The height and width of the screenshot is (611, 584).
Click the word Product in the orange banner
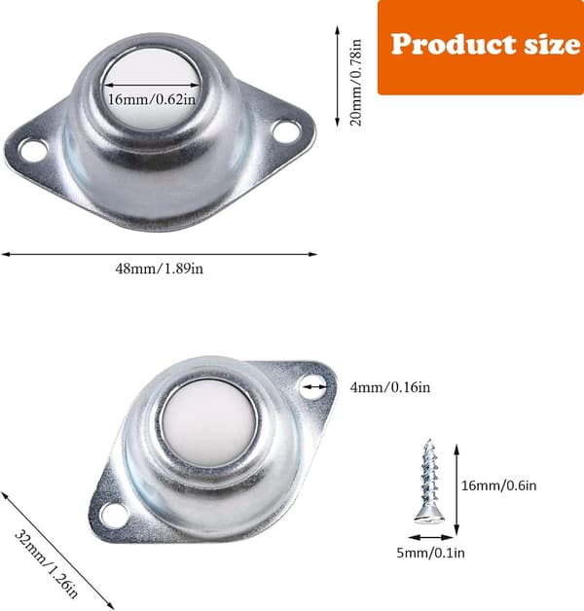pos(455,44)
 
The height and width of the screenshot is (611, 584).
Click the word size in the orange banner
pos(553,44)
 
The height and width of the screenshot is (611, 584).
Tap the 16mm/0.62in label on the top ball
pos(152,100)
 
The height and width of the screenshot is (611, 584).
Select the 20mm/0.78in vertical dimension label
pos(356,83)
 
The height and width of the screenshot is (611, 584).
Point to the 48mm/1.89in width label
pos(159,269)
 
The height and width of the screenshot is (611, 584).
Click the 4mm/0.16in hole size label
pos(390,387)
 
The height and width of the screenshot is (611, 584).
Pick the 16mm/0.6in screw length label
pos(499,485)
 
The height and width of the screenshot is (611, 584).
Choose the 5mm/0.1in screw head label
pos(430,553)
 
